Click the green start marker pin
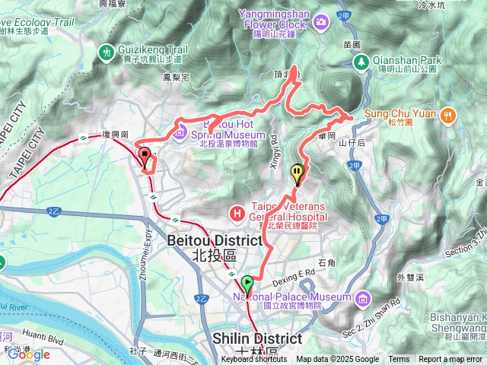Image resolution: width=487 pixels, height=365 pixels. (247, 285)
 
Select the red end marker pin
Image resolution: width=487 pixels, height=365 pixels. (145, 157)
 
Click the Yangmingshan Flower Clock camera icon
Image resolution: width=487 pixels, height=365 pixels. (321, 21)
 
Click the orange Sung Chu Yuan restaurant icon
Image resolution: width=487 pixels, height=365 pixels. (449, 115)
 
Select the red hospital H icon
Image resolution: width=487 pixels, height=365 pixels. (237, 211)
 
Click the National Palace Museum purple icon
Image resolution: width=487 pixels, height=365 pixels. (364, 297)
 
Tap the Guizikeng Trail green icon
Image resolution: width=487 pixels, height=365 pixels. (107, 52)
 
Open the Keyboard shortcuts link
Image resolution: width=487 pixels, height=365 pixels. (255, 360)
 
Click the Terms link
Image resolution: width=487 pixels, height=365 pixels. (399, 360)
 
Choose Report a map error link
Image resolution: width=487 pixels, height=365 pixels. (450, 360)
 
